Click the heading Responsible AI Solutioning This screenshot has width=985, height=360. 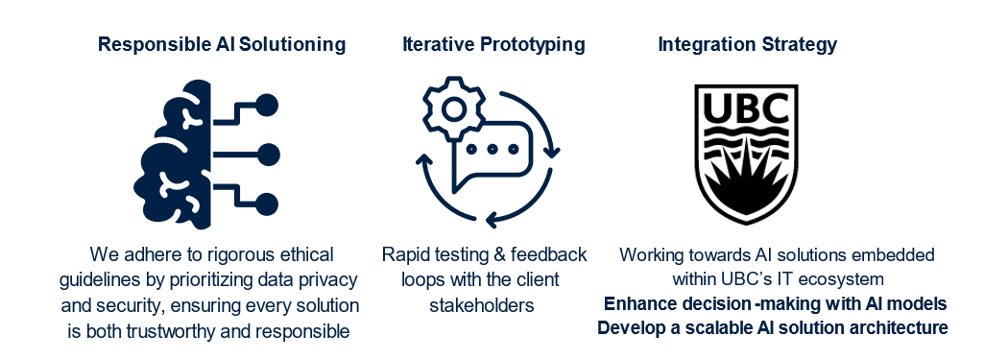click(x=222, y=45)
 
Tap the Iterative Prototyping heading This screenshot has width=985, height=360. click(x=493, y=45)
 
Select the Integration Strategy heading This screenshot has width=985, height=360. click(x=747, y=45)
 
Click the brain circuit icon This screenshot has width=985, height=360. click(x=206, y=155)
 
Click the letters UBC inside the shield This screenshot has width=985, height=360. click(x=746, y=111)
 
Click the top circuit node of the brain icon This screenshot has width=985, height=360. click(x=267, y=105)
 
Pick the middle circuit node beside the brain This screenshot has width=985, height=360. click(x=269, y=155)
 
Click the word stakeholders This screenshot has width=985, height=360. click(x=482, y=305)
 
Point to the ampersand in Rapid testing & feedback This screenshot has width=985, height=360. click(x=498, y=255)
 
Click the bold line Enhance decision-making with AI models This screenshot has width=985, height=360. click(x=775, y=304)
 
